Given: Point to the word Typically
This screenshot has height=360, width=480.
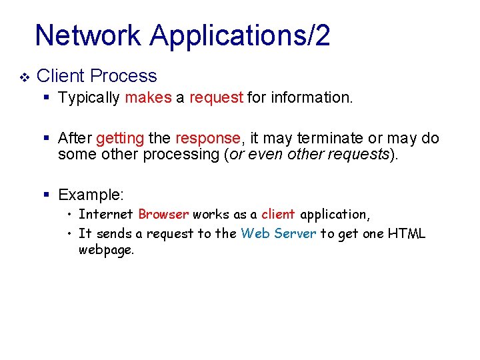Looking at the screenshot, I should click(x=89, y=98).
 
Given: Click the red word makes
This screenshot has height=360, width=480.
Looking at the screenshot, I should click(x=148, y=98).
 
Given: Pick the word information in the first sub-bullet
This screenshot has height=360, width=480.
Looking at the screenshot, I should click(x=315, y=98).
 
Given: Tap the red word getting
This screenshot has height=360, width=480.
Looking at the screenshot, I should click(x=120, y=138).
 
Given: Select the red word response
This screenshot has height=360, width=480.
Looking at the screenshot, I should click(x=207, y=138).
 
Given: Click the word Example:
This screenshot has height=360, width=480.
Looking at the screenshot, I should click(x=91, y=195).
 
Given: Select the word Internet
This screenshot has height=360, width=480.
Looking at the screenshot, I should click(x=106, y=214).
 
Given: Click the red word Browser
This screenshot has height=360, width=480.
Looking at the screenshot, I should click(x=164, y=214).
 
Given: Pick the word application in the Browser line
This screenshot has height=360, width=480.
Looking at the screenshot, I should click(x=335, y=214).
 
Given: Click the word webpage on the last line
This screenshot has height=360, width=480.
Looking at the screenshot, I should click(x=106, y=251).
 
